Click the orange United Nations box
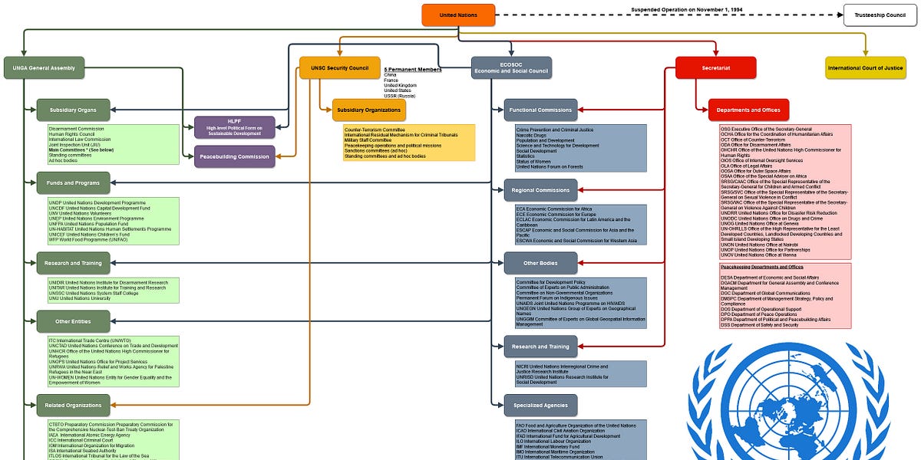click(x=458, y=15)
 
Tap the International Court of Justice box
click(x=865, y=67)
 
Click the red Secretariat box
click(x=715, y=67)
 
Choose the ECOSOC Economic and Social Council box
click(x=511, y=67)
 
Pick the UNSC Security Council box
click(x=339, y=67)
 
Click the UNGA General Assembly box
click(x=44, y=67)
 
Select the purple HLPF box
click(x=234, y=127)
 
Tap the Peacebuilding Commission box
click(x=234, y=156)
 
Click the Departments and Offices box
click(x=748, y=110)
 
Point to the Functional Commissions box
click(x=540, y=110)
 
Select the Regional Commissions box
click(x=540, y=189)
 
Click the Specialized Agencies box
click(x=540, y=405)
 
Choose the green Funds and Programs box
click(x=74, y=182)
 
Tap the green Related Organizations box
click(x=74, y=405)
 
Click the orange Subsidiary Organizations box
click(x=369, y=110)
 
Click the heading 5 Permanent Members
click(x=412, y=70)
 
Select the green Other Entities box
click(x=74, y=321)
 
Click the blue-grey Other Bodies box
click(x=540, y=263)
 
